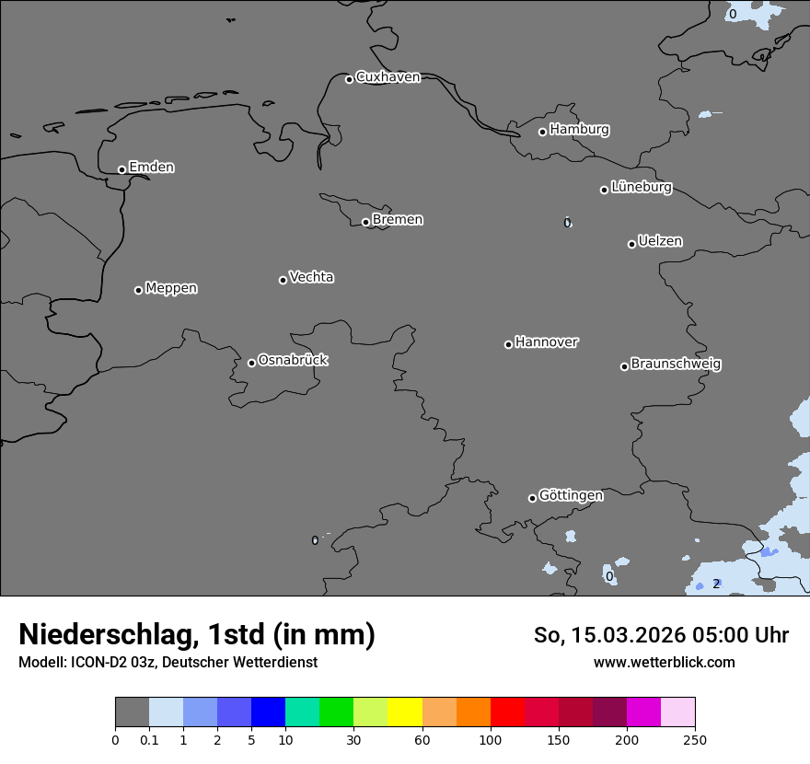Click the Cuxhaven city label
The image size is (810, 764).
(x=388, y=77)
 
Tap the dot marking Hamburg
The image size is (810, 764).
(x=543, y=132)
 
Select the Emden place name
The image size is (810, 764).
(x=151, y=168)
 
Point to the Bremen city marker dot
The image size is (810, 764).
(x=365, y=222)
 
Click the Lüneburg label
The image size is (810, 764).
(x=641, y=188)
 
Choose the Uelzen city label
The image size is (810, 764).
(x=660, y=242)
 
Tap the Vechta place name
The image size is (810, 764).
(x=311, y=277)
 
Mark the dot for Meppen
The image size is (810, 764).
(x=138, y=290)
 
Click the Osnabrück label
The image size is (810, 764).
(x=293, y=361)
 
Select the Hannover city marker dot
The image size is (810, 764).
(x=508, y=344)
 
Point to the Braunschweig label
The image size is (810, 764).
(x=676, y=365)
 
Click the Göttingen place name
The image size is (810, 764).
(x=571, y=496)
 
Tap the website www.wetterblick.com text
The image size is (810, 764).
(x=664, y=662)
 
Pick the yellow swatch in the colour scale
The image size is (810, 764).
(x=405, y=712)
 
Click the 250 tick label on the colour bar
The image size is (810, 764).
(x=694, y=739)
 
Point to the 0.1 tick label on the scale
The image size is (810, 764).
(x=149, y=739)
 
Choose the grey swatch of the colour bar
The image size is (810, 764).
(x=132, y=712)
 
